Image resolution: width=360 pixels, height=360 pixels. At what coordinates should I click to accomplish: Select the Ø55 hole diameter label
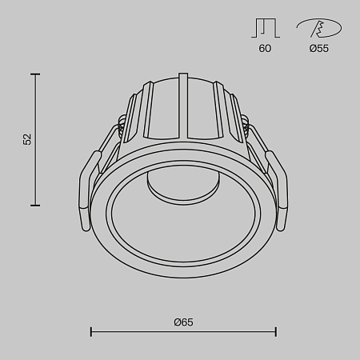(318, 49)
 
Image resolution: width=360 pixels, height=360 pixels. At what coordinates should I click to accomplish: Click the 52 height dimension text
(27, 139)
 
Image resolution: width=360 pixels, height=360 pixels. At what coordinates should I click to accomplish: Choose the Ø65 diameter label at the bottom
(183, 322)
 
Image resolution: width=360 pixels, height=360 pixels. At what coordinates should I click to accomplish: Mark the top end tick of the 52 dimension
(35, 74)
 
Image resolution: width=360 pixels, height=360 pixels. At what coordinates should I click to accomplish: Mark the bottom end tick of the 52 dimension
(35, 206)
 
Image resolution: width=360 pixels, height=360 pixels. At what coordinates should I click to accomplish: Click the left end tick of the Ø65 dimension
(90, 331)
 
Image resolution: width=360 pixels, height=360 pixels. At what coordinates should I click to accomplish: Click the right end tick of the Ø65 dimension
(276, 331)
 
